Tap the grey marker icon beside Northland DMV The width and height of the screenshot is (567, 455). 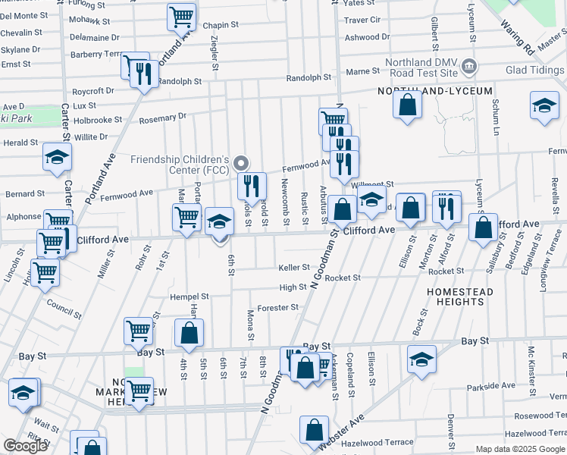(x=468, y=66)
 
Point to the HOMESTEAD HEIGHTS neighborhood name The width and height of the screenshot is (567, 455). (x=459, y=297)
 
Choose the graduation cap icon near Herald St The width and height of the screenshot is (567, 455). (x=57, y=156)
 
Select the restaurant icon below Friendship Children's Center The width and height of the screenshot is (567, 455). (x=252, y=184)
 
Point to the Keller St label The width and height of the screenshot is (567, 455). (x=294, y=268)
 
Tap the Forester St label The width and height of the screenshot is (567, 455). (x=277, y=308)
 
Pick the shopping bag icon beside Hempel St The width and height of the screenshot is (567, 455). (x=189, y=331)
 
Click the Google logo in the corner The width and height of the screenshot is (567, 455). (x=25, y=446)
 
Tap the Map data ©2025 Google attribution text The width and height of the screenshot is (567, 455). (x=520, y=450)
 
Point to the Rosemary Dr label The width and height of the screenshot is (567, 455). (x=162, y=118)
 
